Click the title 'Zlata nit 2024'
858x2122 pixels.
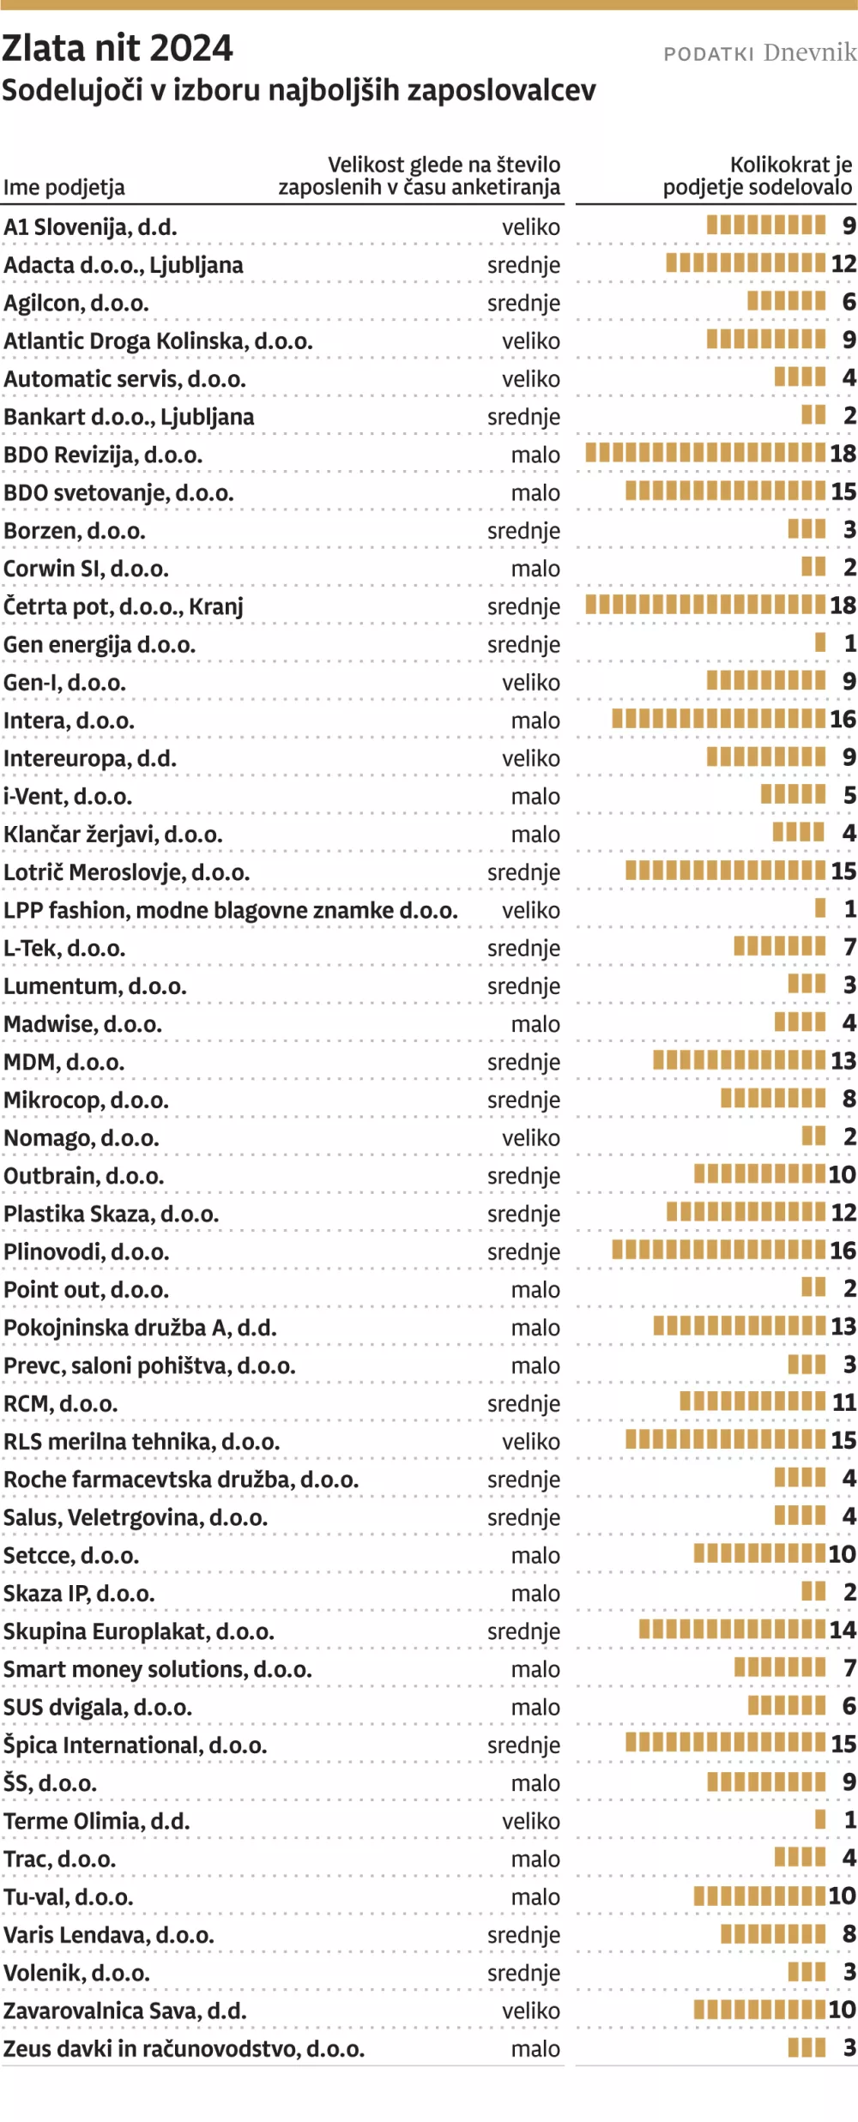click(118, 49)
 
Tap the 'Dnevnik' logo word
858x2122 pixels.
click(809, 53)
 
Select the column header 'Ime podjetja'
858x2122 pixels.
click(64, 187)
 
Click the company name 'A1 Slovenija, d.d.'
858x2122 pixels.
click(90, 227)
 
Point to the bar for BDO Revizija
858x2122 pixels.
click(705, 454)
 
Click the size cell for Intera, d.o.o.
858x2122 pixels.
click(535, 720)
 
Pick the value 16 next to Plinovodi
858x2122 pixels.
click(843, 1251)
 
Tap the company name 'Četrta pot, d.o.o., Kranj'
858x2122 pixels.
click(124, 606)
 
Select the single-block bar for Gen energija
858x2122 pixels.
click(820, 643)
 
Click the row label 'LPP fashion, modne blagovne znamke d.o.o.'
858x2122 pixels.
click(231, 910)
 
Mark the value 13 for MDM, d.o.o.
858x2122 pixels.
click(843, 1061)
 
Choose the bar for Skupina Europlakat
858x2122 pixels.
click(732, 1631)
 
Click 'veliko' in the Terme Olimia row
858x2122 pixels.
click(531, 1821)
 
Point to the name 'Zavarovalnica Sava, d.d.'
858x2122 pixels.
click(125, 2010)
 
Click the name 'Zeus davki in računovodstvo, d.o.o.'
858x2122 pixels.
click(184, 2048)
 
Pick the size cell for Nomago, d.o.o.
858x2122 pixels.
click(531, 1138)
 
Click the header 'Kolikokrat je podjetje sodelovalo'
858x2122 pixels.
click(757, 176)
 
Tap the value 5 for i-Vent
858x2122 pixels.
click(849, 796)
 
